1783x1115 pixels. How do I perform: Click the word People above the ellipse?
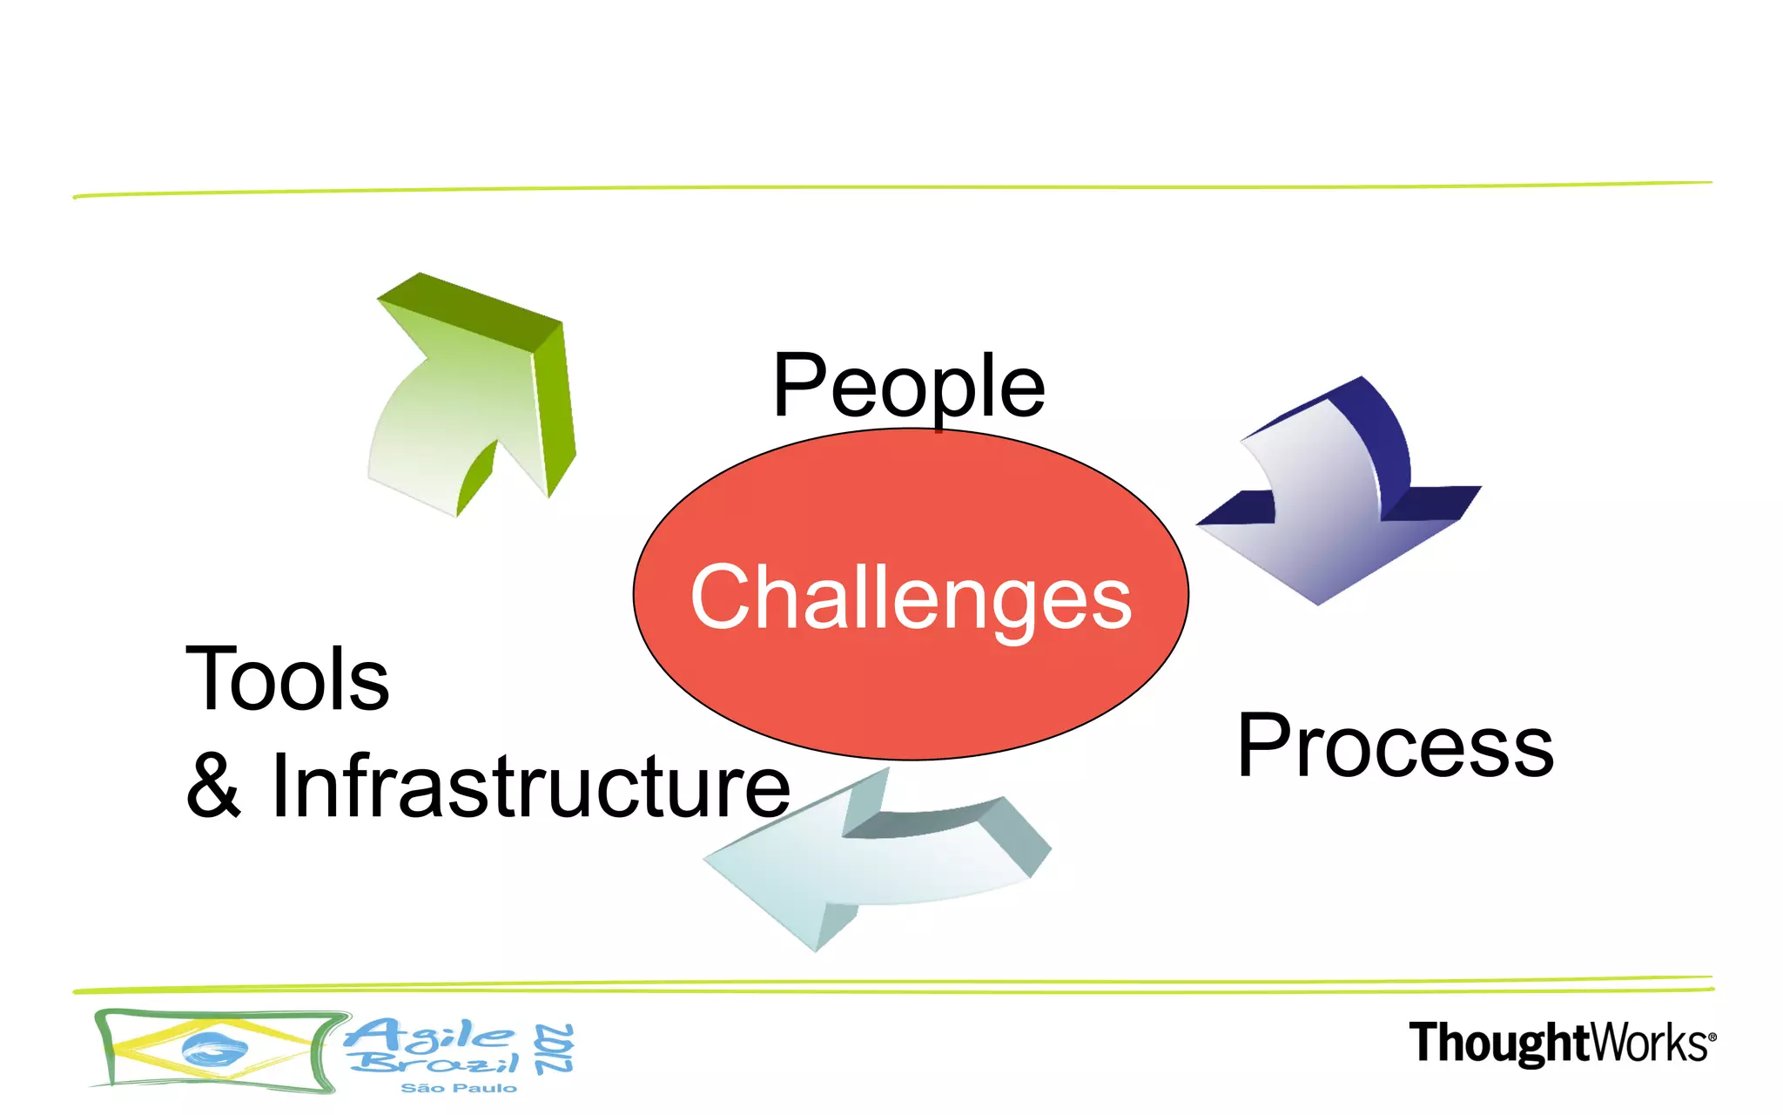tap(909, 386)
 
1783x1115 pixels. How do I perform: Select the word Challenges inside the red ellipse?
tap(911, 598)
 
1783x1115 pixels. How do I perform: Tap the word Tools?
tap(287, 679)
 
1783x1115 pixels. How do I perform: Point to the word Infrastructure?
tap(531, 787)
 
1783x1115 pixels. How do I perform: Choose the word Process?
tap(1395, 747)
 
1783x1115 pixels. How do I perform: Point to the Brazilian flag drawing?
tap(213, 1051)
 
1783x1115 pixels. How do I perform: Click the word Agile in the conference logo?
tap(428, 1034)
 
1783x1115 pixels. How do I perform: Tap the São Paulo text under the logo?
tap(459, 1088)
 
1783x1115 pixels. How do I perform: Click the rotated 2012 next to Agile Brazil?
tap(555, 1049)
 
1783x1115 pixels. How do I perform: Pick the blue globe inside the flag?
tap(213, 1049)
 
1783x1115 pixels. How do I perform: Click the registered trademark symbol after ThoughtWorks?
tap(1712, 1037)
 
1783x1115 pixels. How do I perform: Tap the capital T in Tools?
tap(209, 679)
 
